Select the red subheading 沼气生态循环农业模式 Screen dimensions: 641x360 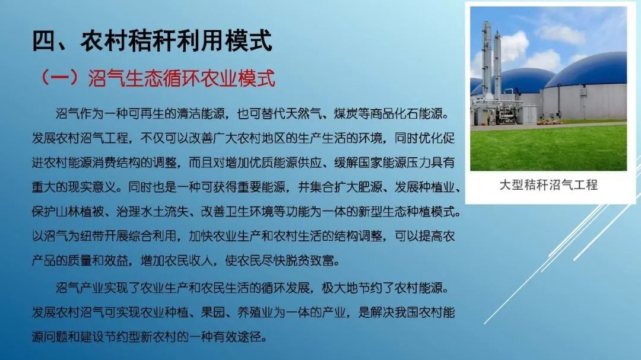point(182,78)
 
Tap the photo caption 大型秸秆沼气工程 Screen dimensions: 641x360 point(548,185)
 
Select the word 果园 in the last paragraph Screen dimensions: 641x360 point(213,313)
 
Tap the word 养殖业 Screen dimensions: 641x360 point(255,313)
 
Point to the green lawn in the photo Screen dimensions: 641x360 point(548,148)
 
